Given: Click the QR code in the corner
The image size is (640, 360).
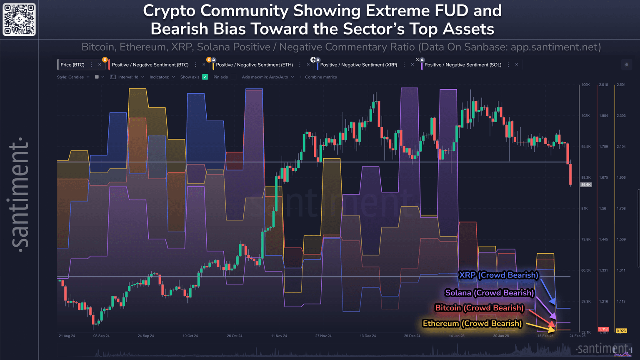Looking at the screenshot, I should coord(19,19).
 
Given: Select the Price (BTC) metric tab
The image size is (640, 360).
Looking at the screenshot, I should coord(72,65).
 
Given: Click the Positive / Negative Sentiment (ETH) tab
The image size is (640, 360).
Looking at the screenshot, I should coord(254,65).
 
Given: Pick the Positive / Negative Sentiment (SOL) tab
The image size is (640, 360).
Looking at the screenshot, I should coord(462,65).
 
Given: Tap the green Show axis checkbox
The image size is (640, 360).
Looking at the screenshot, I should coord(205,77).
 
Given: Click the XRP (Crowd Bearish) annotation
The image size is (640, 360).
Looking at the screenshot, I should coord(498,275).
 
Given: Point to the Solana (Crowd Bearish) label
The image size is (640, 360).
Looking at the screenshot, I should coord(489,293).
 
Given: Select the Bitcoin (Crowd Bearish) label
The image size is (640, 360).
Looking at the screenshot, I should coord(479,308).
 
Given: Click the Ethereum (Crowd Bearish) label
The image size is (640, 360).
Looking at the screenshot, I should coord(472,323).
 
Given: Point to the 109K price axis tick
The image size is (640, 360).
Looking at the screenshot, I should coord(585,85).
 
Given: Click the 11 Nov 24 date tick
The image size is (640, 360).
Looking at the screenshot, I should coord(279,336).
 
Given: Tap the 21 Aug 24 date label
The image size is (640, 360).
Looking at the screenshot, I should coord(67,336).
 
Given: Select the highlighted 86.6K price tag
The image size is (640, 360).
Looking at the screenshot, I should coord(586,185).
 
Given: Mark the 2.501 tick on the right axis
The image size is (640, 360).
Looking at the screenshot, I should coord(621,85).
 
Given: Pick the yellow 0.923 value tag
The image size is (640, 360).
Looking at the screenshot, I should coord(621,331).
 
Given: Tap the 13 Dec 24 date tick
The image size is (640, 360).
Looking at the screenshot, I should coord(368,336).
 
